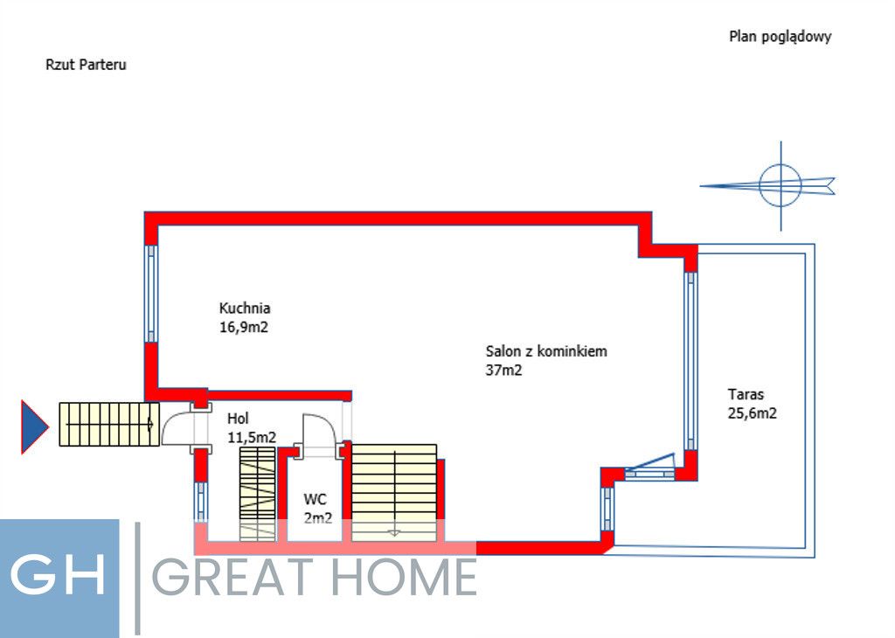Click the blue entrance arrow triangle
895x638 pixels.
33,426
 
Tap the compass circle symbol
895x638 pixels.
780,185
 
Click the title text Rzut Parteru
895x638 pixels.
86,65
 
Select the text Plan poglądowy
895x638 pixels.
780,37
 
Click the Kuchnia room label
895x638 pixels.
245,308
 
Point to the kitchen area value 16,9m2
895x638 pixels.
244,328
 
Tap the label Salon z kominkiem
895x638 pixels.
546,351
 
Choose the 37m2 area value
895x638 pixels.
504,371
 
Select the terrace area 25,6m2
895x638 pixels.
752,414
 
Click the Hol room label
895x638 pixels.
238,418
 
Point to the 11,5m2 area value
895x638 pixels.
252,437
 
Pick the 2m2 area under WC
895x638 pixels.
317,518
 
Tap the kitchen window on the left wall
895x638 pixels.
151,293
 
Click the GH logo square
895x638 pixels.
59,578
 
